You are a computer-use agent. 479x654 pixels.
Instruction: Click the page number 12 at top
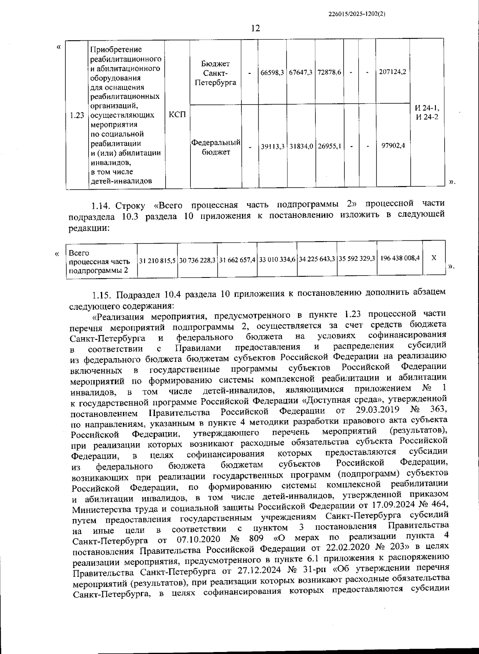tap(255, 28)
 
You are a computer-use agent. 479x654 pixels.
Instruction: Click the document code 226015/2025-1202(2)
tap(357, 14)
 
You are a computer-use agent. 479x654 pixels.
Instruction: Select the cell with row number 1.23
tap(76, 116)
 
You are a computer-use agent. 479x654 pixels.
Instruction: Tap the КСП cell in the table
tap(177, 115)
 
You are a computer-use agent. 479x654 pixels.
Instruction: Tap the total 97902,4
tap(393, 146)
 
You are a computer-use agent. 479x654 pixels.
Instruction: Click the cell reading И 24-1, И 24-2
tap(427, 113)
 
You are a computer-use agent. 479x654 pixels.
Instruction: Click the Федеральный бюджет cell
tap(216, 147)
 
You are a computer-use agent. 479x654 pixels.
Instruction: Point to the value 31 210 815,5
tap(157, 260)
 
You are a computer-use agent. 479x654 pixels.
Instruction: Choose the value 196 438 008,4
tap(400, 258)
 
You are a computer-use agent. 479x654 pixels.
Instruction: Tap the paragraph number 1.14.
tap(101, 206)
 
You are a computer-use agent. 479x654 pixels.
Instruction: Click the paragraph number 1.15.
tap(101, 295)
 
